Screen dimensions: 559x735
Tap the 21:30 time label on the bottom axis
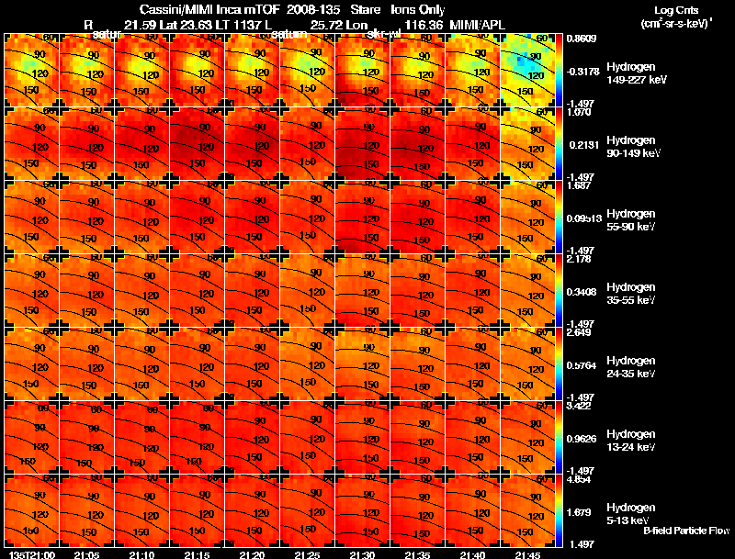363,554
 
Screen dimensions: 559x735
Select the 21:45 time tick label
528,554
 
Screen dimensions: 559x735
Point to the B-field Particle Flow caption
685,531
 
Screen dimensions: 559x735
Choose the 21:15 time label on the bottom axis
197,554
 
